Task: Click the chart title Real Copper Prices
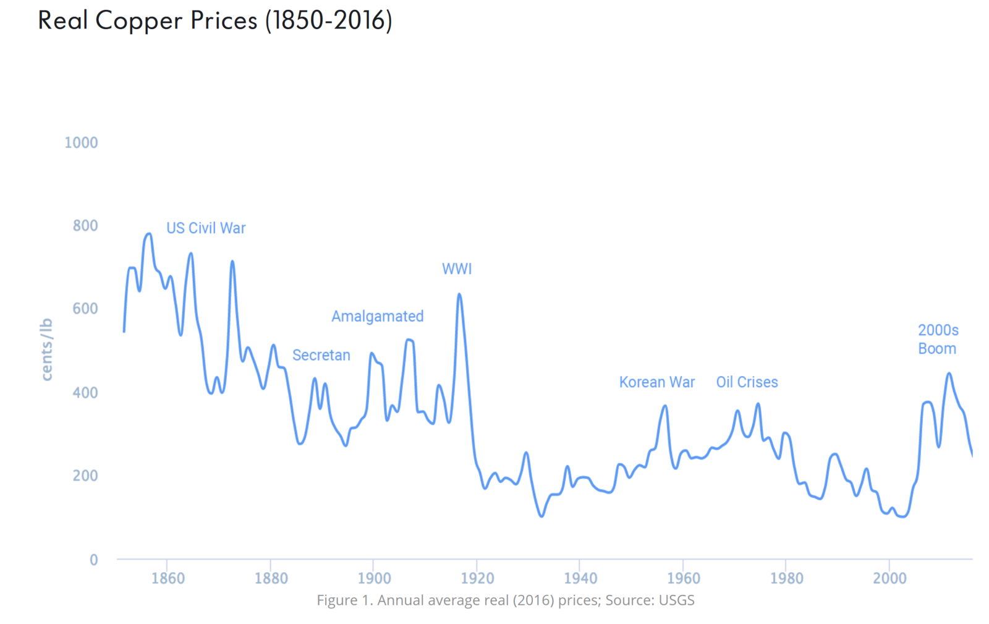coord(214,20)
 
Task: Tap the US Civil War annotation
coord(206,228)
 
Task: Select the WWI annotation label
coord(457,269)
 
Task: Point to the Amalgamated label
coord(377,317)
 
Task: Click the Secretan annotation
coord(321,356)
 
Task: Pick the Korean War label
coord(656,382)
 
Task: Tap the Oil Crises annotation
coord(747,382)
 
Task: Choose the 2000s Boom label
coord(938,340)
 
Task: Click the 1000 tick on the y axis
coord(81,143)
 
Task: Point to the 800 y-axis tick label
coord(85,226)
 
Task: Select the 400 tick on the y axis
coord(85,393)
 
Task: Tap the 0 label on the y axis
coord(93,560)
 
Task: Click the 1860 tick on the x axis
coord(168,579)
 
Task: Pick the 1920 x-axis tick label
coord(477,579)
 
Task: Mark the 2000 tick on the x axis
coord(889,579)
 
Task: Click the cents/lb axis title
coord(46,349)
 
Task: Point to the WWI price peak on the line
coord(459,294)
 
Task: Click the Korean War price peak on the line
coord(665,406)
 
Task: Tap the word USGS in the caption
coord(676,600)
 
